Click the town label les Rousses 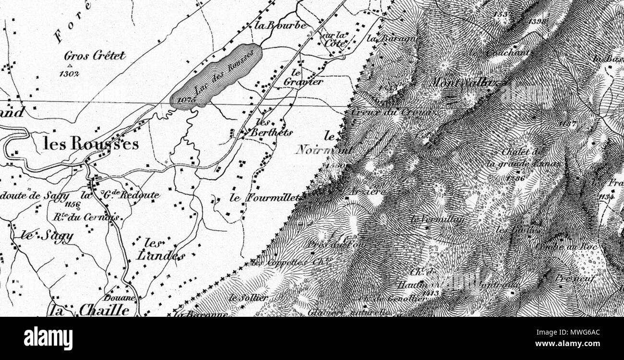pos(91,144)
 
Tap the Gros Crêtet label pos(95,56)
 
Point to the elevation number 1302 pos(70,74)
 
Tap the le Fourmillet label pos(264,197)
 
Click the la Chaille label pos(91,311)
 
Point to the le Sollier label pos(248,297)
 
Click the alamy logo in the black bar pos(48,337)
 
